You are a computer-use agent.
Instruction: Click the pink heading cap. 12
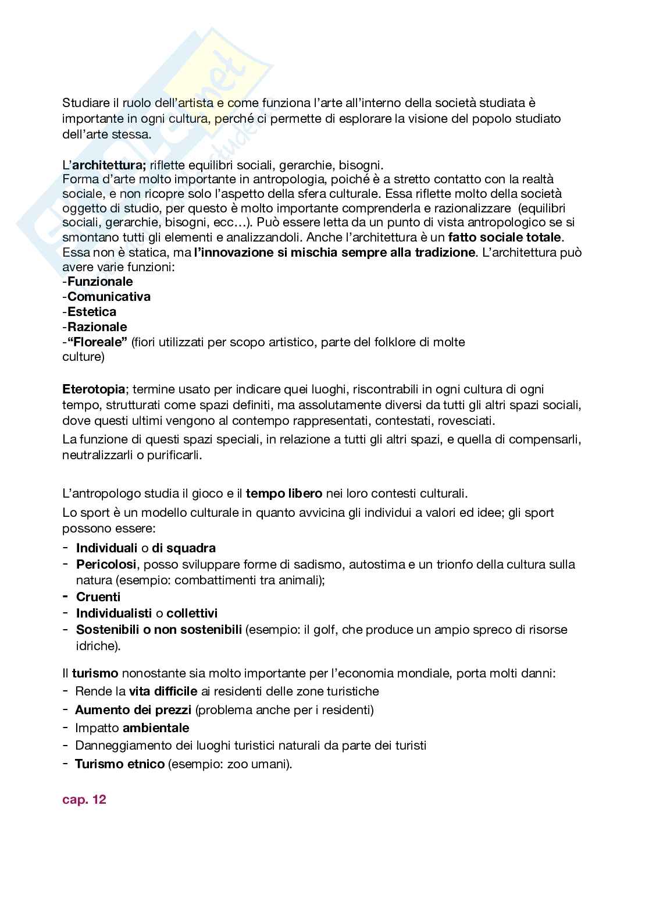[x=84, y=799]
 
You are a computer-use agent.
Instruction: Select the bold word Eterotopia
[x=93, y=389]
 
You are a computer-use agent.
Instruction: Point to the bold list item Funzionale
[x=100, y=282]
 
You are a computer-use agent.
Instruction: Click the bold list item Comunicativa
[x=109, y=297]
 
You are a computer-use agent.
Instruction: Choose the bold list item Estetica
[x=92, y=312]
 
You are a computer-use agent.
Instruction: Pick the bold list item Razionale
[x=97, y=327]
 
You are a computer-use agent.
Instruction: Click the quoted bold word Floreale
[x=98, y=342]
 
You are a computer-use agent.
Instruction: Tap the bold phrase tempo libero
[x=284, y=494]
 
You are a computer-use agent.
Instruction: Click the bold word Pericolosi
[x=106, y=564]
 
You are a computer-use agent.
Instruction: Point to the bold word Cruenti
[x=98, y=597]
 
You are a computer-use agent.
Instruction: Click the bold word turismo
[x=95, y=673]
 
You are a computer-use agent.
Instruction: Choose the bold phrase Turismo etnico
[x=120, y=764]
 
